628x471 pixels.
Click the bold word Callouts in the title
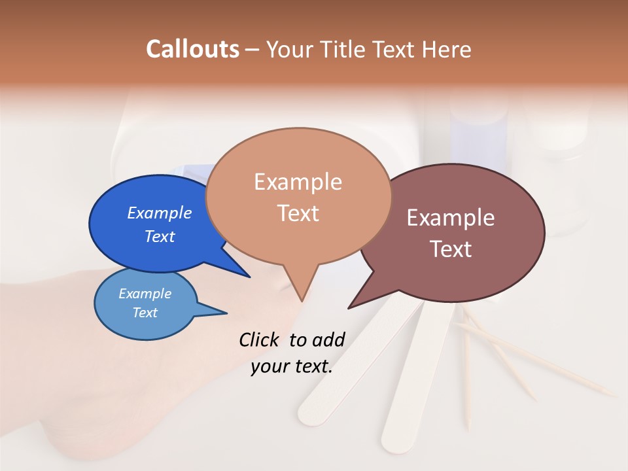click(192, 49)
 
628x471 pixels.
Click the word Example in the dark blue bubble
click(159, 213)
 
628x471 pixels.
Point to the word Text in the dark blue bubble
click(159, 236)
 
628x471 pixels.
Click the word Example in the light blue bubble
click(145, 294)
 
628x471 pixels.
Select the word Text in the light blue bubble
click(145, 313)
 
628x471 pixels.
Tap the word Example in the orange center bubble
click(298, 181)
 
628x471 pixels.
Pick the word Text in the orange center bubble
click(298, 213)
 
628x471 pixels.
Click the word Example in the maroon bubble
click(451, 217)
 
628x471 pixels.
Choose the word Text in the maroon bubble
click(451, 249)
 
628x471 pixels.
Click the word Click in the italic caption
click(260, 340)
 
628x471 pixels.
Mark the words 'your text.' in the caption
click(292, 366)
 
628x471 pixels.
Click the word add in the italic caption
click(328, 340)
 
